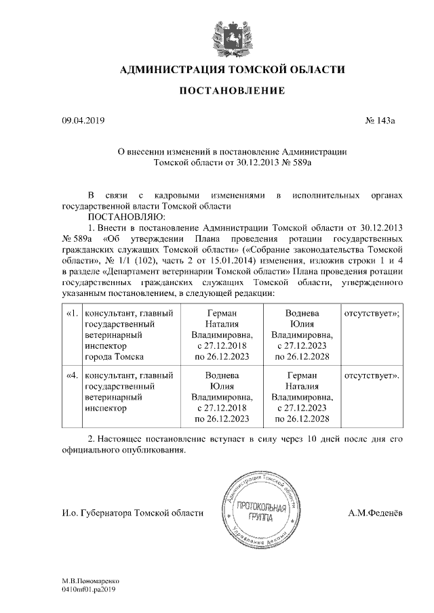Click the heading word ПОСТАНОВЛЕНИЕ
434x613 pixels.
pos(232,91)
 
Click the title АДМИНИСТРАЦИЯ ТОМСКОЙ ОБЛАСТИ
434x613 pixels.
pos(232,70)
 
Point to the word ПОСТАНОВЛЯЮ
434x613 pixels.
pos(124,217)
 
